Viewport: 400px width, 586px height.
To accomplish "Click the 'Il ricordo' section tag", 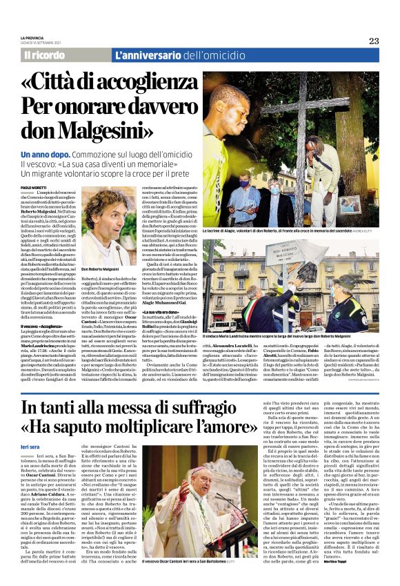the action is (46, 54).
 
